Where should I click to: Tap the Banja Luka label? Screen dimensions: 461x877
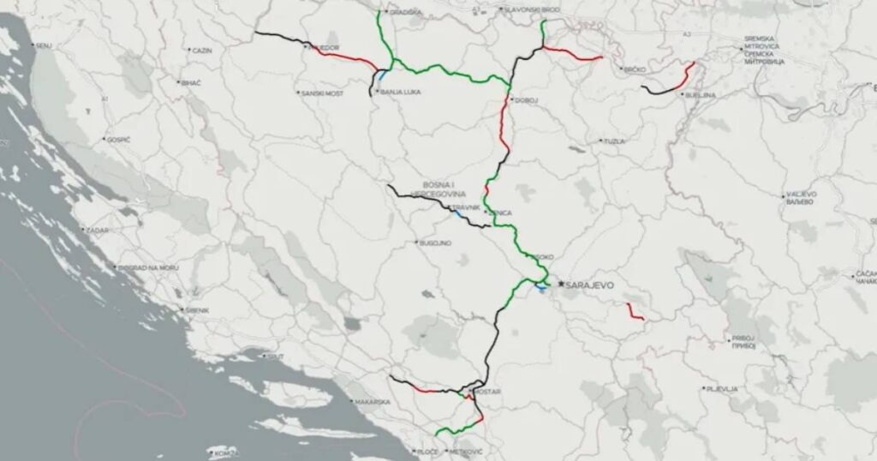coord(398,89)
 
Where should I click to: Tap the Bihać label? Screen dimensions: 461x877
coord(189,82)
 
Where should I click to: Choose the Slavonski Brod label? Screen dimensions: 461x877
coord(507,10)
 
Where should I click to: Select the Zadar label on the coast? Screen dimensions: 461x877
coord(95,230)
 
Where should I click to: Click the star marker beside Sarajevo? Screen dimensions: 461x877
coord(561,283)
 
